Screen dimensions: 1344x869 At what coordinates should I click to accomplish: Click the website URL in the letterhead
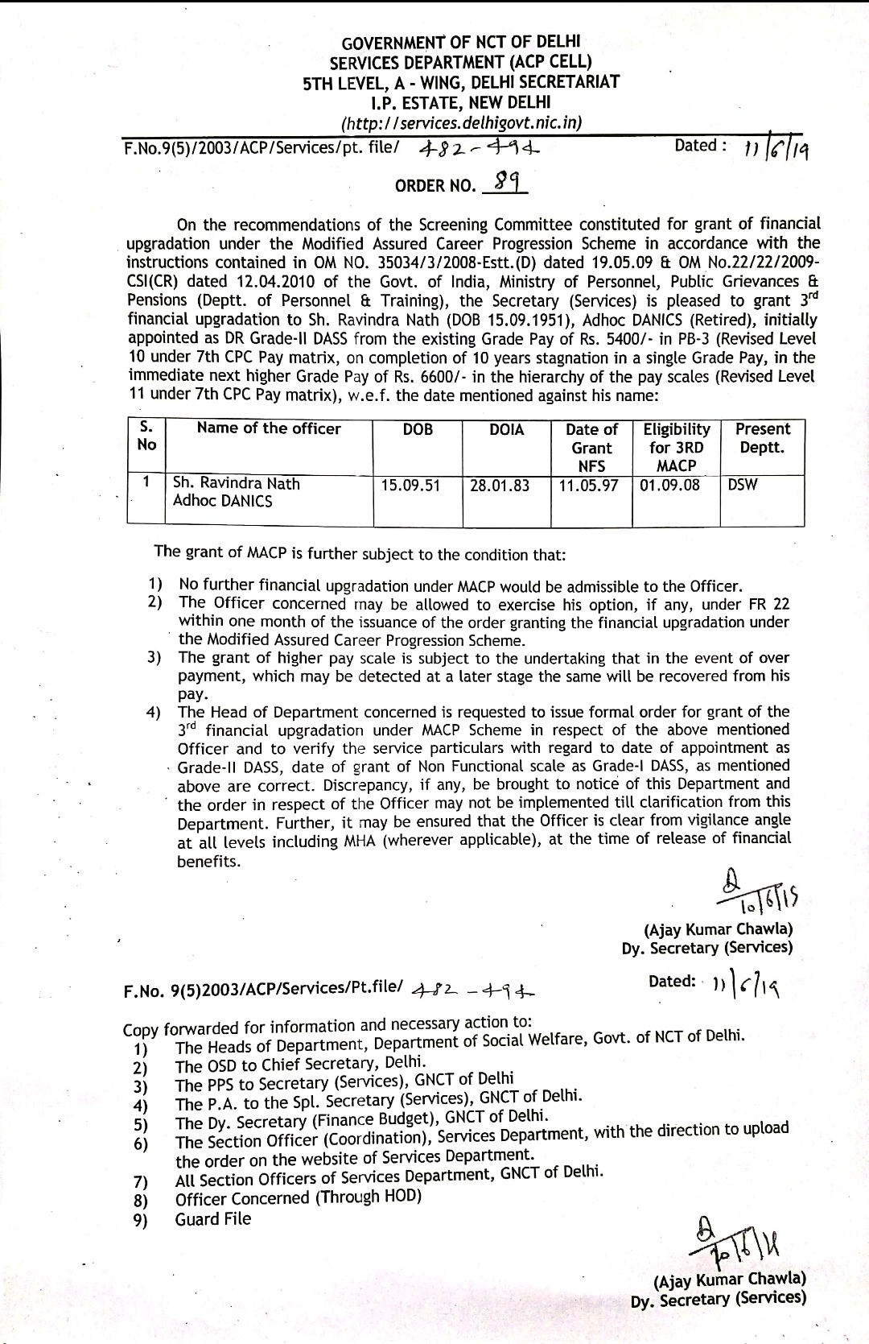pos(461,123)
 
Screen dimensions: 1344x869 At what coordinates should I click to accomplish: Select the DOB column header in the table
pos(418,430)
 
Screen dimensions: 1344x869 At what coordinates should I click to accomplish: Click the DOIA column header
pos(507,430)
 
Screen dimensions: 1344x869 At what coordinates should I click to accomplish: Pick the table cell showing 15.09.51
pos(410,486)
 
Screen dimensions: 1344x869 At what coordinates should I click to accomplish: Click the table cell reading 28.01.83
pos(499,486)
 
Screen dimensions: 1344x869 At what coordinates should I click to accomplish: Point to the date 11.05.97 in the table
pos(588,486)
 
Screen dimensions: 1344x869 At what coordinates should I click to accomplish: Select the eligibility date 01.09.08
pos(669,486)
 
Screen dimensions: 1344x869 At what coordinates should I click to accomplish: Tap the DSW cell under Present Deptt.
pos(742,485)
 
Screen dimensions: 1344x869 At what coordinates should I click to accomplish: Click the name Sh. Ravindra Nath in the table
pos(237,484)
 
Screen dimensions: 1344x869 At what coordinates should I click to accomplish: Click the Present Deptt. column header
pos(762,438)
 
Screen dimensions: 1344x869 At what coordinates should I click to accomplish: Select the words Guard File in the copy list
pos(213,1219)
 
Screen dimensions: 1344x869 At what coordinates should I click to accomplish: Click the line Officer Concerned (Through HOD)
pos(299,1197)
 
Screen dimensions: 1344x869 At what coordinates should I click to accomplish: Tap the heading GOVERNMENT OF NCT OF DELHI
pos(461,42)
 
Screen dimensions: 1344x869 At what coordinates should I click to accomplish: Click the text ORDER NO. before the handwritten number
pos(434,186)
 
